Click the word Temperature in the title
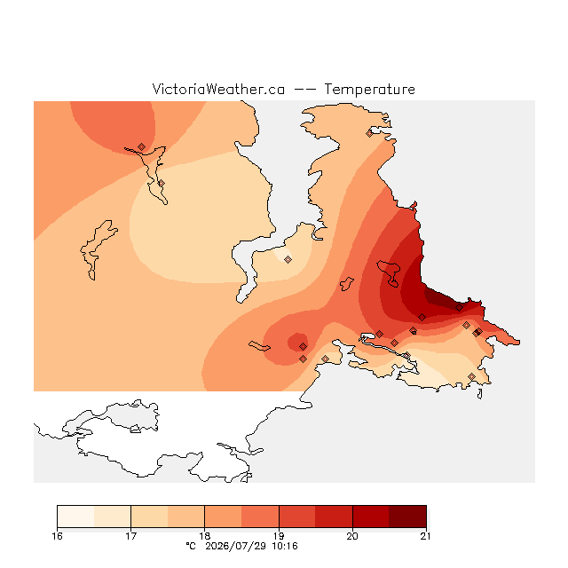(x=369, y=89)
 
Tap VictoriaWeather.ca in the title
(x=218, y=89)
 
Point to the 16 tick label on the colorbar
(x=57, y=536)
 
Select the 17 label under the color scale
(x=130, y=536)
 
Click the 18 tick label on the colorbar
(x=205, y=536)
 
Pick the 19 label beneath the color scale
(x=279, y=536)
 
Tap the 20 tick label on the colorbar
(x=352, y=536)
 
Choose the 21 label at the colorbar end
(x=426, y=536)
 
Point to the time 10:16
(x=285, y=546)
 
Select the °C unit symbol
(x=191, y=546)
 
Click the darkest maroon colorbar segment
(x=407, y=517)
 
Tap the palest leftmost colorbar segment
(x=75, y=517)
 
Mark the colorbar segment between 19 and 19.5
(x=297, y=517)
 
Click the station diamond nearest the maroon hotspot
(x=459, y=308)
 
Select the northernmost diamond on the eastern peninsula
(x=369, y=134)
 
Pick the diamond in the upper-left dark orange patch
(x=141, y=146)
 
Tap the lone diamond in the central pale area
(x=288, y=259)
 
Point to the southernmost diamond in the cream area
(x=471, y=376)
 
